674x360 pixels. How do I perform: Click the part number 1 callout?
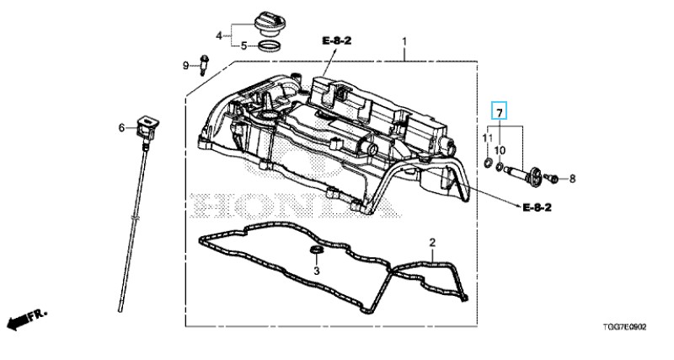pyautogui.click(x=404, y=42)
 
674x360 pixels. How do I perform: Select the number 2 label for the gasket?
pyautogui.click(x=432, y=244)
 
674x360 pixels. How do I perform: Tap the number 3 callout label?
pyautogui.click(x=316, y=271)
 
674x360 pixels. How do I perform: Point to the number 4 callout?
pyautogui.click(x=218, y=35)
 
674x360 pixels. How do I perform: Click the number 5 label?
pyautogui.click(x=243, y=46)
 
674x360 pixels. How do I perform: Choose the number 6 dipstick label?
pyautogui.click(x=121, y=127)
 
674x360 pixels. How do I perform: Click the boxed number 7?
pyautogui.click(x=500, y=112)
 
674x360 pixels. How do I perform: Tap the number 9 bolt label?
pyautogui.click(x=185, y=64)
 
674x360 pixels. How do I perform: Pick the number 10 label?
pyautogui.click(x=500, y=149)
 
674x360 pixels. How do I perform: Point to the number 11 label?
pyautogui.click(x=487, y=137)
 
